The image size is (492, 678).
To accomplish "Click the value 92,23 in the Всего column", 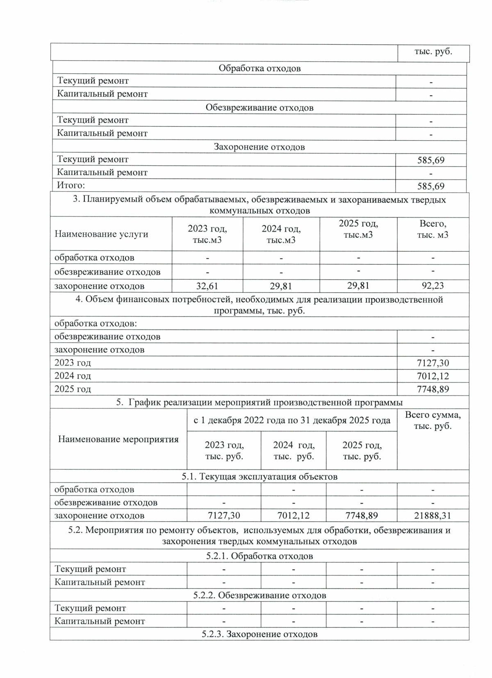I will coord(433,286).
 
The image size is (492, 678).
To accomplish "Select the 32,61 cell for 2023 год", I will coord(207,286).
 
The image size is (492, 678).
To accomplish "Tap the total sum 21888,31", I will coord(433,515).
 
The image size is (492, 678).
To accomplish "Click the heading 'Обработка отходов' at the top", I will coord(259,68).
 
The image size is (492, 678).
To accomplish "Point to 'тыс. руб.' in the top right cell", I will coord(433,52).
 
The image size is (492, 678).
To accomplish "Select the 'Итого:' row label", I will coord(70,185).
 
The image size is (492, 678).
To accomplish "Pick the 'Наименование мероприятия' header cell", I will coord(118,439).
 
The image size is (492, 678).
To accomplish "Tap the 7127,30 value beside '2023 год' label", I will coord(433,363).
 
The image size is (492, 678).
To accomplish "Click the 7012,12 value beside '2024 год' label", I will coord(433,376).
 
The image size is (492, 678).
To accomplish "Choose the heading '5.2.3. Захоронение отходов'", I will coord(259,634).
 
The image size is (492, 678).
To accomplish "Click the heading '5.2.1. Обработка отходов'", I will coord(259,556).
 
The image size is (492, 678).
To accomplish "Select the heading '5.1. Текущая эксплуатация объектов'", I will coord(259,476).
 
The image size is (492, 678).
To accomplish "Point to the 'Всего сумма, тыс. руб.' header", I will coord(433,420).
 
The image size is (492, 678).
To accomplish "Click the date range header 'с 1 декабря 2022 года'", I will coord(292,420).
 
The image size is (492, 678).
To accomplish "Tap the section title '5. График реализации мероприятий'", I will coord(259,402).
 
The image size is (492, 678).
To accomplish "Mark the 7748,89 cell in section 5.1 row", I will coord(361,515).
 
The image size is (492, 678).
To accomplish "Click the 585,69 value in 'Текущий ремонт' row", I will coord(431,160).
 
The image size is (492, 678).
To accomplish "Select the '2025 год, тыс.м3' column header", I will coord(358,229).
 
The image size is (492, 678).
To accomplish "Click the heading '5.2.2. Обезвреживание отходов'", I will coord(259,595).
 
